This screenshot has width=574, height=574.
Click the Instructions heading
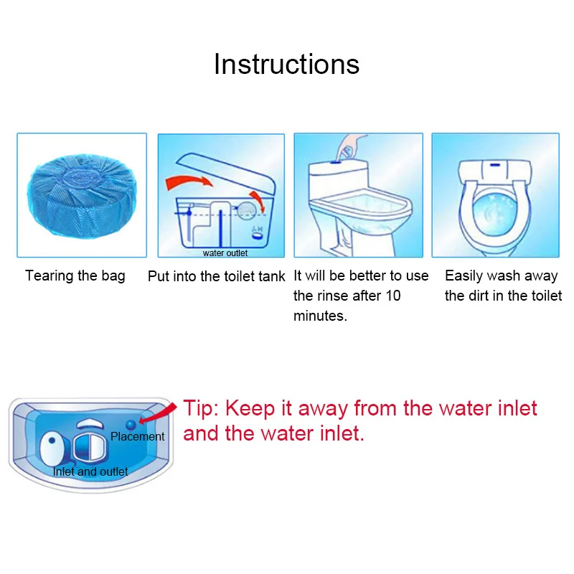point(286,64)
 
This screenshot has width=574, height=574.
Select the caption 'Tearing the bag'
point(75,276)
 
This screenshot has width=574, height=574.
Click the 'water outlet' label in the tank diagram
point(225,253)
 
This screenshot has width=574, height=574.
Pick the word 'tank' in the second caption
point(270,276)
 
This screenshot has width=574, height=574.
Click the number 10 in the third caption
point(392,296)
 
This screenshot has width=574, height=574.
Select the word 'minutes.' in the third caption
point(320,316)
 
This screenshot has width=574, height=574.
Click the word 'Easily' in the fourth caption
point(465,276)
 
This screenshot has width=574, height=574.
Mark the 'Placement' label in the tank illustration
point(137,436)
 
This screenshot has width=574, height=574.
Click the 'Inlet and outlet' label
point(90,471)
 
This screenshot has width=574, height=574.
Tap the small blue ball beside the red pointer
point(131,423)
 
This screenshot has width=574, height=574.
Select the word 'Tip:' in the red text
point(201,409)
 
